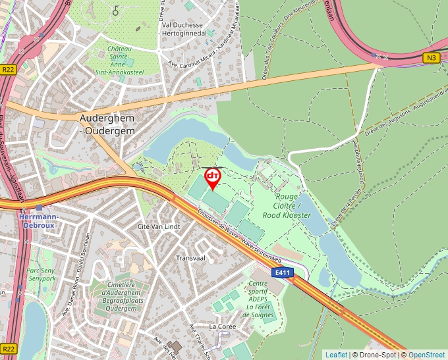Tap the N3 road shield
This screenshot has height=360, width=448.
click(432, 58)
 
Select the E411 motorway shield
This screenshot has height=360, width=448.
click(283, 272)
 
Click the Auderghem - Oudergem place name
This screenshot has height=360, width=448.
click(107, 124)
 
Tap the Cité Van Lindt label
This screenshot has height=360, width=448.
click(158, 226)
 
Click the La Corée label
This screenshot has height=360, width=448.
click(222, 326)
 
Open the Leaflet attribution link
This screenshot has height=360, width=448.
click(336, 355)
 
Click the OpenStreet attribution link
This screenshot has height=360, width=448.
click(426, 355)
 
